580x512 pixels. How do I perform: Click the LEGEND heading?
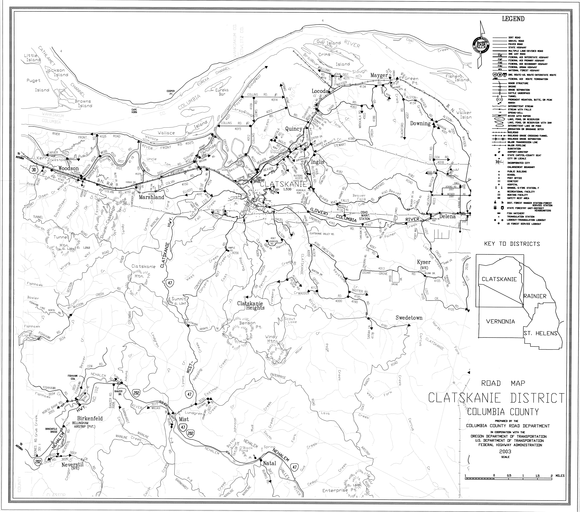pos(513,19)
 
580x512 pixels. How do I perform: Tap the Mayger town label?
pos(379,75)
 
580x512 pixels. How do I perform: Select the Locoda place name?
pos(320,91)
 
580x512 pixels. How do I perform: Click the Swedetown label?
pos(409,318)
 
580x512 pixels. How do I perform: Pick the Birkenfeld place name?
pos(90,418)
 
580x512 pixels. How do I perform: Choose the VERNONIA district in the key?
pos(500,321)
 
